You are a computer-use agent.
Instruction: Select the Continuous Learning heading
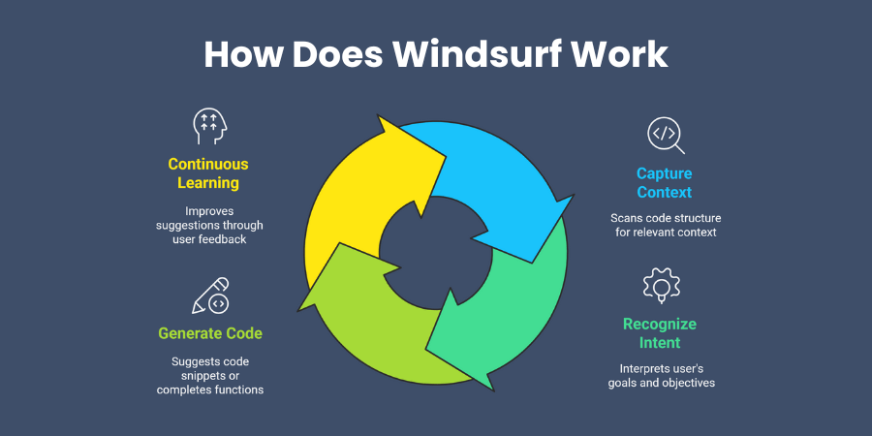(208, 173)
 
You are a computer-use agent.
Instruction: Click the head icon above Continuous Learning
(208, 126)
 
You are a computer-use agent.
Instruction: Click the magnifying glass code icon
(665, 136)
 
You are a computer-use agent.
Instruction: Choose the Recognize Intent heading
(660, 332)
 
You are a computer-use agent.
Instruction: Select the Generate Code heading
(210, 333)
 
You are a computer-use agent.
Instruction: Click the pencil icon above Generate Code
(210, 295)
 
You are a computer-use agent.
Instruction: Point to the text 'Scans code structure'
(665, 218)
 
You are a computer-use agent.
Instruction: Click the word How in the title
(241, 54)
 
